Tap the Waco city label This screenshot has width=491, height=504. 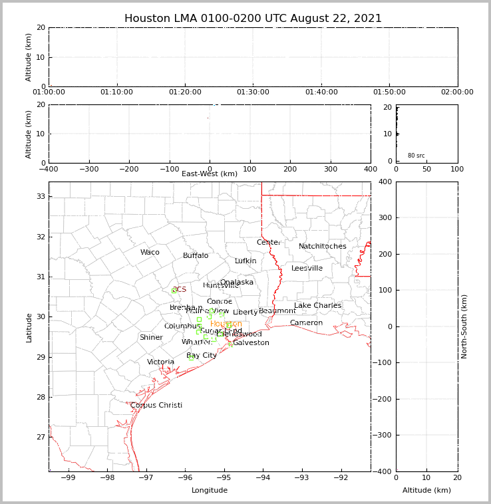(x=150, y=253)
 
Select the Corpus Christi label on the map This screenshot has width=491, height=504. (x=156, y=406)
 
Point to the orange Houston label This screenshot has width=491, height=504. (x=226, y=324)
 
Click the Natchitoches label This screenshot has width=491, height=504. (x=323, y=247)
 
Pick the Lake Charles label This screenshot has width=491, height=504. (x=318, y=306)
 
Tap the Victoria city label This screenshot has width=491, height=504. (x=161, y=362)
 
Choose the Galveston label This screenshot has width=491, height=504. (x=251, y=343)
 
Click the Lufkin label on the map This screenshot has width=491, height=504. (x=245, y=261)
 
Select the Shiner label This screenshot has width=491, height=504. (x=151, y=338)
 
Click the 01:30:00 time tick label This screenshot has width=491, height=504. (x=253, y=92)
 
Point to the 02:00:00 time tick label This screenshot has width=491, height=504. (x=457, y=92)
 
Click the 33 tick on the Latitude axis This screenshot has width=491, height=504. (x=40, y=197)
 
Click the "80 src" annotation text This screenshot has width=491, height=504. (x=416, y=156)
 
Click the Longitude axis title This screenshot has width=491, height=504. (x=210, y=491)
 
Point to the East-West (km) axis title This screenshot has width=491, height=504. (x=210, y=174)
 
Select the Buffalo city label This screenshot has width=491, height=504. (x=196, y=256)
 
